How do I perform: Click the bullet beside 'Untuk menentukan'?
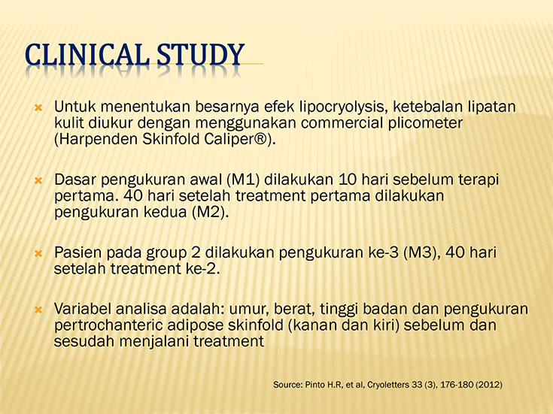[38, 107]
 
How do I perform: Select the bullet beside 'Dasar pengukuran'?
[38, 181]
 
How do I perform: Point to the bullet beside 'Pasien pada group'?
[38, 253]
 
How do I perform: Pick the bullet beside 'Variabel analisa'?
[38, 310]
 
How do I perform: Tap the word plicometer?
[425, 123]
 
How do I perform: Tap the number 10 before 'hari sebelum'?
[348, 180]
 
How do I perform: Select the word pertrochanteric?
[108, 325]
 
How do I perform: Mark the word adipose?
[196, 325]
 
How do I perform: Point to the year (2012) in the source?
[489, 385]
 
